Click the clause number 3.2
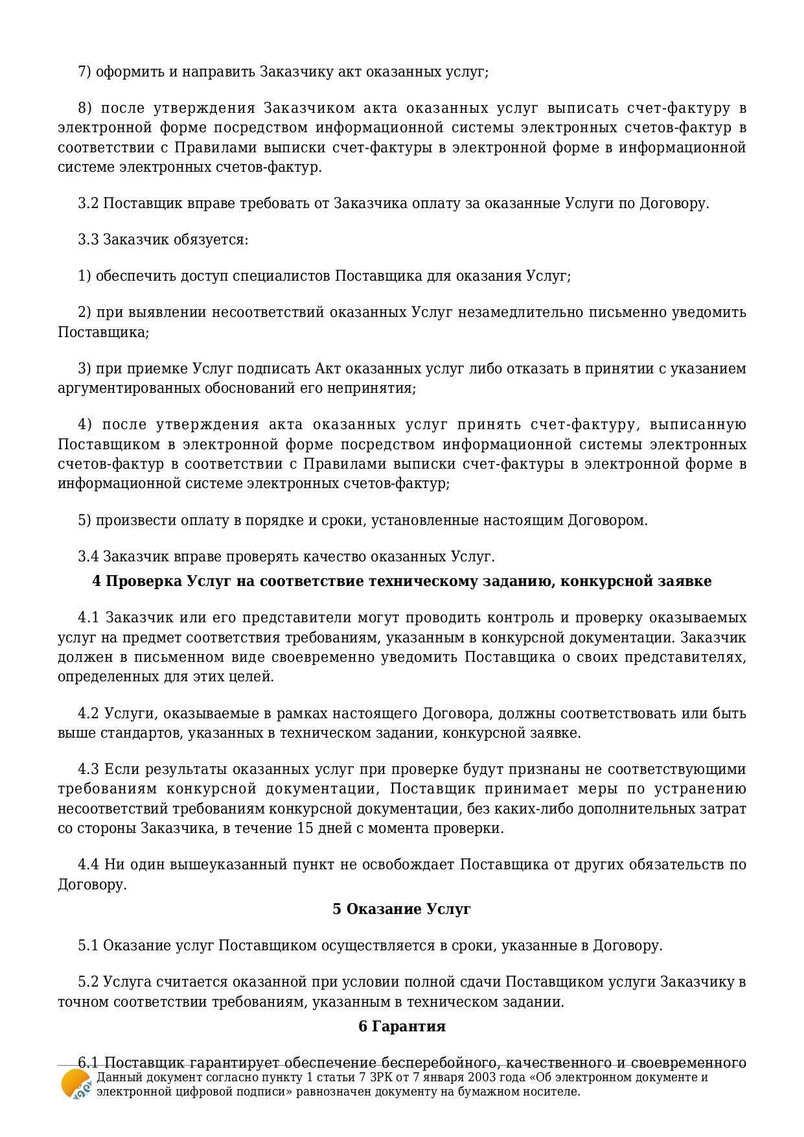[x=88, y=204]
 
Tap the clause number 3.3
[x=88, y=240]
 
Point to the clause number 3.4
[x=88, y=557]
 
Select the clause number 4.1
[x=89, y=617]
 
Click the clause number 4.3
[x=89, y=769]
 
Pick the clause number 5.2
[x=88, y=982]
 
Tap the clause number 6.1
[x=89, y=1063]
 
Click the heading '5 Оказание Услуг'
[x=402, y=909]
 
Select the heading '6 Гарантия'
[x=402, y=1026]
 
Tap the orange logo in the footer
[x=75, y=1084]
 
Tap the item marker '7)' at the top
[x=85, y=72]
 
